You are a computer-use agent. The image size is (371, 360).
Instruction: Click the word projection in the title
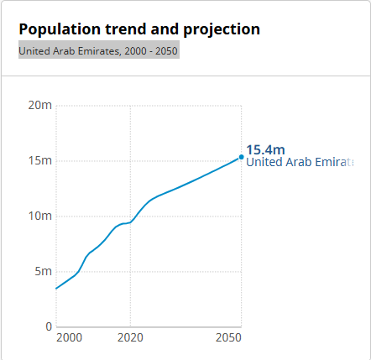click(x=219, y=29)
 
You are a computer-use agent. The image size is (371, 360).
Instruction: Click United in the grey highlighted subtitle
click(x=34, y=50)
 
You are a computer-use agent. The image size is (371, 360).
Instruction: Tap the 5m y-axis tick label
click(x=43, y=271)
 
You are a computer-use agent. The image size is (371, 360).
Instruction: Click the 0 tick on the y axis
click(x=49, y=326)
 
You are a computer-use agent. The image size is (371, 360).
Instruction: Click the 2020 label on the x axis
click(x=130, y=337)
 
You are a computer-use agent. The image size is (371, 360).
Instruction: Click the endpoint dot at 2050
click(x=242, y=157)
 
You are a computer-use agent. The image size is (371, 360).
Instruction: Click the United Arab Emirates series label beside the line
click(x=300, y=163)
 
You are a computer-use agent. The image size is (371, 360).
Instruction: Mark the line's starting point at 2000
click(x=56, y=289)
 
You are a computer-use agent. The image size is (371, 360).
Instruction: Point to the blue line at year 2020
click(x=130, y=222)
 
